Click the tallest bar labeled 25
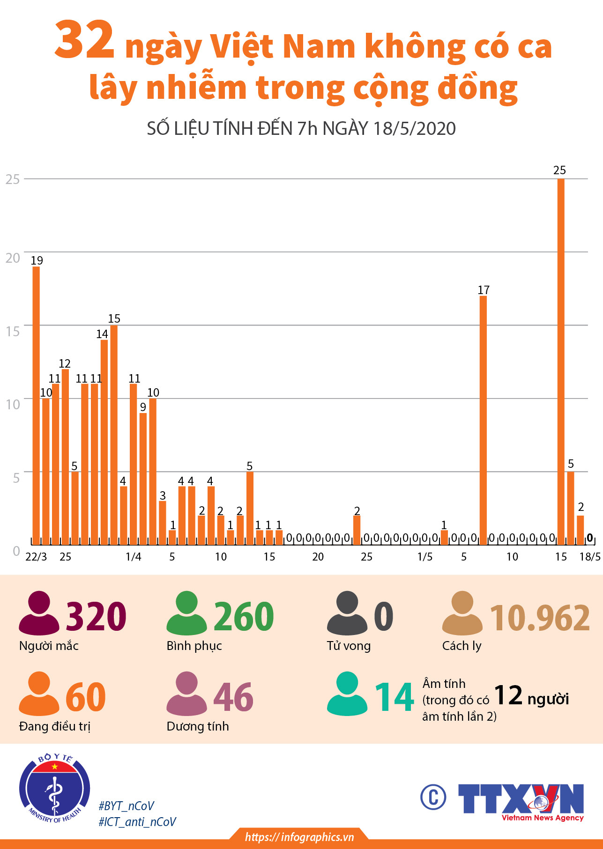coord(561,361)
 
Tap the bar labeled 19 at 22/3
coord(36,405)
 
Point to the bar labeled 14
coord(104,442)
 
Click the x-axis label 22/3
coord(36,557)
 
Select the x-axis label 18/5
coord(590,557)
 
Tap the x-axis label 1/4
coord(134,557)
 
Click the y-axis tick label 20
coord(13,258)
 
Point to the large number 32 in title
coord(84,41)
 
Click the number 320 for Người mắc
coord(96,617)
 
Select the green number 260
coord(244,617)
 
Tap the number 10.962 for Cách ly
coord(540,618)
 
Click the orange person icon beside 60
coord(39,694)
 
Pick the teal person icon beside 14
coord(347,694)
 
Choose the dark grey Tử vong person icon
coord(347,613)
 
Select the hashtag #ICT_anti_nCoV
coord(137,822)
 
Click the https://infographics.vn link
coord(299,837)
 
